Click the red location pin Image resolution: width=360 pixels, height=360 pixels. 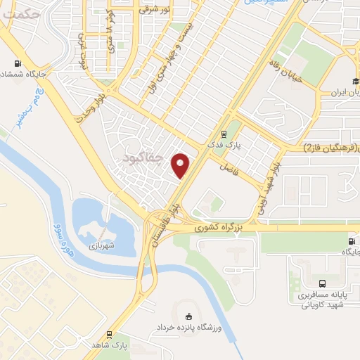click(181, 164)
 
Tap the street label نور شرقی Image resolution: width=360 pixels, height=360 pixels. click(155, 10)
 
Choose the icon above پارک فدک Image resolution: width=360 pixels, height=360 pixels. click(224, 134)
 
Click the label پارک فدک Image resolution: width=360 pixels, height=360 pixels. click(229, 145)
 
